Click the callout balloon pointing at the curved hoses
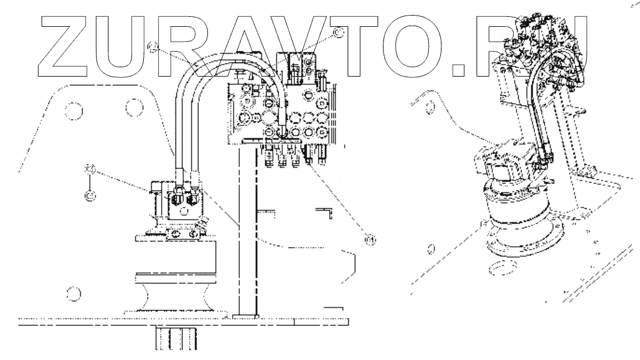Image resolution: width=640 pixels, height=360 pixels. (153, 46)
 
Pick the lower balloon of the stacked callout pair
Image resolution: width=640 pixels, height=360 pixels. (90, 196)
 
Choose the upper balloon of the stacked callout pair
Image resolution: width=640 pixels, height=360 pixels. (90, 169)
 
